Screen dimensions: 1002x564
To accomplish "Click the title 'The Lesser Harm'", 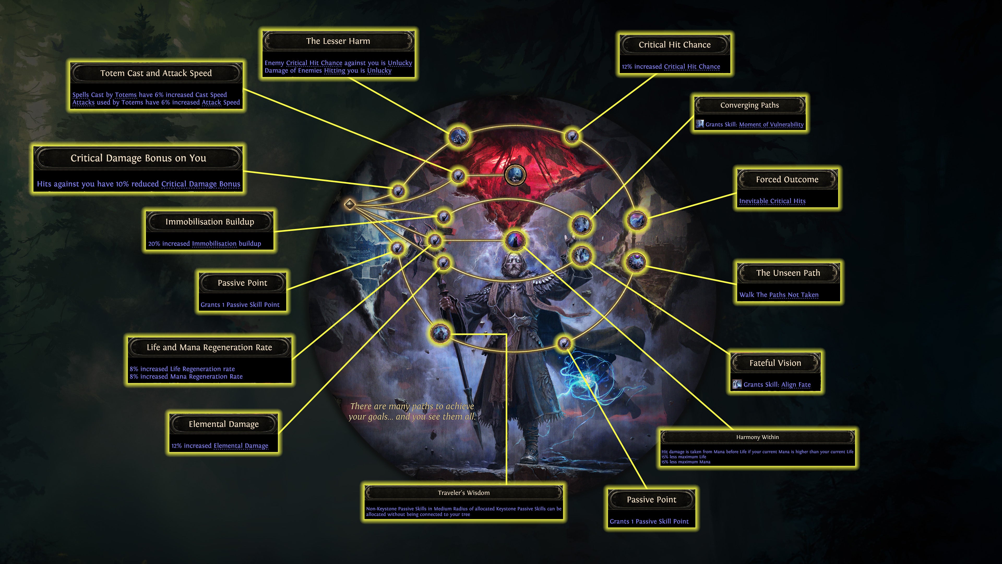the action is click(x=338, y=41).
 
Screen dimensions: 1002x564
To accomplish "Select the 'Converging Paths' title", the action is click(x=749, y=105).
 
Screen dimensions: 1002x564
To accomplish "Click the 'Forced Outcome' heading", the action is click(x=787, y=179).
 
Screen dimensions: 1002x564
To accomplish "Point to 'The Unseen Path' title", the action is click(x=788, y=273).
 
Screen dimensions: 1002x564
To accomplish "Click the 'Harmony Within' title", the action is click(x=757, y=437).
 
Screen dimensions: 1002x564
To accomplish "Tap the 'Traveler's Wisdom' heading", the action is click(x=463, y=493).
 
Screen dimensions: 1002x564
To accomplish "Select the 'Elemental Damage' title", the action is click(x=223, y=424).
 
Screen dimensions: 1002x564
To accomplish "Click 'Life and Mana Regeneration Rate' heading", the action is click(x=209, y=347).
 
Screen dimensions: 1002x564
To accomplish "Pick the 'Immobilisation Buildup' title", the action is click(x=210, y=221).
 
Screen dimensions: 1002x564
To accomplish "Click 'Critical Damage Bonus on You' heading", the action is click(x=138, y=158).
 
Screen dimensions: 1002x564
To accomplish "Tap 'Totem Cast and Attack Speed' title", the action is click(x=156, y=73).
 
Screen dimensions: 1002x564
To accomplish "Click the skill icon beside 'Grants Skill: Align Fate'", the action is click(x=736, y=385).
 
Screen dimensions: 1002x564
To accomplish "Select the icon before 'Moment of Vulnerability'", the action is click(x=700, y=124).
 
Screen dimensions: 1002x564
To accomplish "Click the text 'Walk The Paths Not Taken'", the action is click(x=779, y=295).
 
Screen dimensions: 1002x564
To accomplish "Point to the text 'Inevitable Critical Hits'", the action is click(x=772, y=201).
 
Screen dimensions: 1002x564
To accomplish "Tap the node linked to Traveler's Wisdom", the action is click(x=440, y=333).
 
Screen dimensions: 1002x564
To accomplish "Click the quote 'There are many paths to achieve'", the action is click(x=412, y=406).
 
